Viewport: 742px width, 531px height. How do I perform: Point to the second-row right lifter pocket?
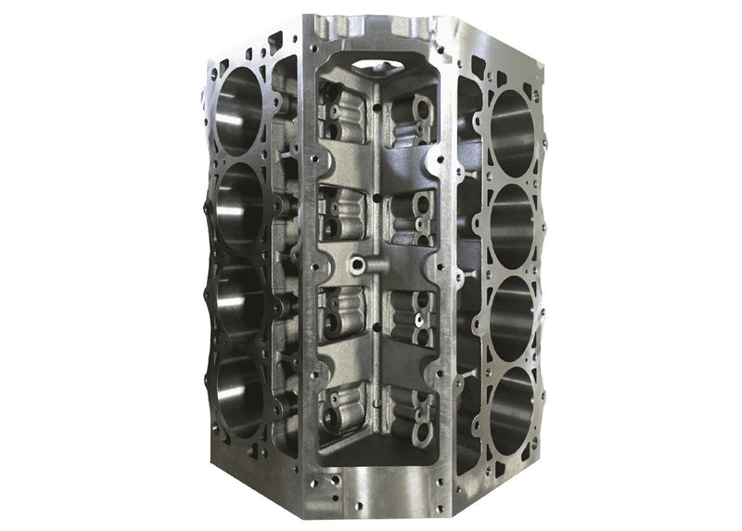coord(414,216)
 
